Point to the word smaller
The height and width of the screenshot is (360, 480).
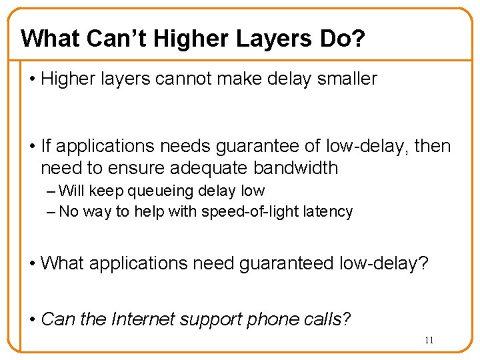[347, 79]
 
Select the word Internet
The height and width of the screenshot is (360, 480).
[143, 319]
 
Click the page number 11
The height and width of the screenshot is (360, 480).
[429, 340]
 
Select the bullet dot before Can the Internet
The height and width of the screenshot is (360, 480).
[33, 319]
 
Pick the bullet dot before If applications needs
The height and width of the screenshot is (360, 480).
[33, 145]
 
